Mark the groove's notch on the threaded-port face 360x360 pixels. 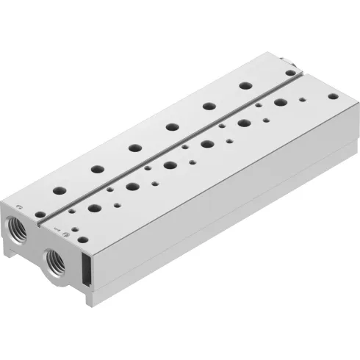tap(43, 223)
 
